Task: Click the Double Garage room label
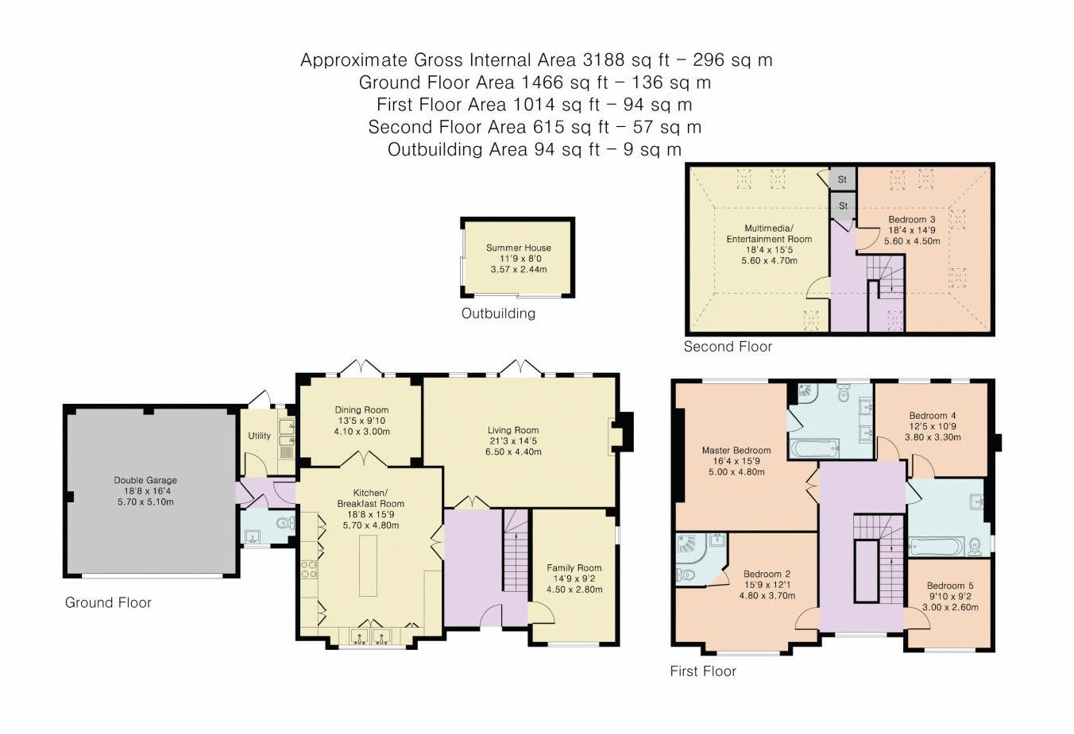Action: point(145,480)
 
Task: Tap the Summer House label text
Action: point(518,248)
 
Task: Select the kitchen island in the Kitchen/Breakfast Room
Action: point(368,565)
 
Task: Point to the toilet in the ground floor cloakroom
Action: point(286,523)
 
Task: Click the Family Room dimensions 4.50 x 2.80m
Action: point(574,590)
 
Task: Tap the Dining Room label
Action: point(361,410)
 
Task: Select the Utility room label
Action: point(259,436)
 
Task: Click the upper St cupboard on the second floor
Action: point(843,179)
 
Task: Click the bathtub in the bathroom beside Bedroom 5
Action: point(936,546)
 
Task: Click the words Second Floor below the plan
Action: point(728,347)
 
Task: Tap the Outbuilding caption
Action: point(498,313)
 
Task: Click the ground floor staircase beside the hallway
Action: point(516,551)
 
